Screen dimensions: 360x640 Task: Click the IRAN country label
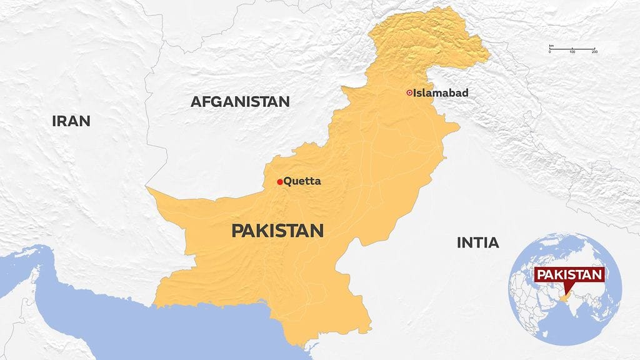pyautogui.click(x=71, y=121)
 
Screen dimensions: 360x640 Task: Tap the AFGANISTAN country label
pyautogui.click(x=240, y=101)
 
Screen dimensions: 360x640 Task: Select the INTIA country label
pyautogui.click(x=477, y=242)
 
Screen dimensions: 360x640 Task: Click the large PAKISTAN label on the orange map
pyautogui.click(x=277, y=231)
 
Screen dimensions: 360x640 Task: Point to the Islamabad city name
pyautogui.click(x=441, y=92)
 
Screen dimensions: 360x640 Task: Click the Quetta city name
pyautogui.click(x=302, y=181)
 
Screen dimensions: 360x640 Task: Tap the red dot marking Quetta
pyautogui.click(x=279, y=182)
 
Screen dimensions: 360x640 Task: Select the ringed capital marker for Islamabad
pyautogui.click(x=409, y=92)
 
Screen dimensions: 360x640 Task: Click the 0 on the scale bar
pyautogui.click(x=550, y=52)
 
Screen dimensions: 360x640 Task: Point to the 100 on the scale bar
pyautogui.click(x=572, y=52)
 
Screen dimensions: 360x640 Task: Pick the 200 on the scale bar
pyautogui.click(x=594, y=52)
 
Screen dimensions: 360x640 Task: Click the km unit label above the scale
pyautogui.click(x=551, y=46)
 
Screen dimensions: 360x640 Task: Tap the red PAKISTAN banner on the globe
pyautogui.click(x=570, y=275)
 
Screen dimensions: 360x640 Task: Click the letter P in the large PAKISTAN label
pyautogui.click(x=237, y=231)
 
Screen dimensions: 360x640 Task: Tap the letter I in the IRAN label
pyautogui.click(x=54, y=121)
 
